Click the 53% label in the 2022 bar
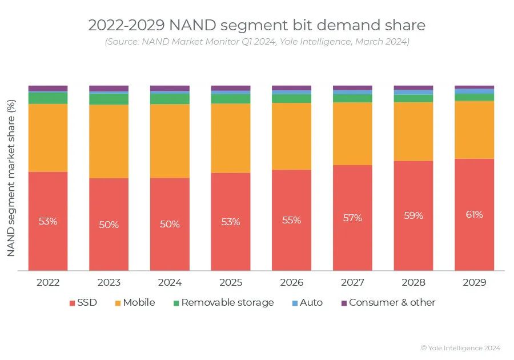click(48, 221)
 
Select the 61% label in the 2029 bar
click(474, 214)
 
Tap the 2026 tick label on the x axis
click(291, 283)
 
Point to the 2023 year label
click(109, 283)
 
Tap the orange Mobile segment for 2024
click(170, 141)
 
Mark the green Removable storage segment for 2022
click(48, 98)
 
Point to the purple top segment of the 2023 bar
click(109, 88)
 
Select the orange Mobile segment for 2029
click(474, 129)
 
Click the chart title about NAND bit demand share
click(257, 25)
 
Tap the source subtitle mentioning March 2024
click(257, 42)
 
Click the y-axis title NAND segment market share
click(11, 177)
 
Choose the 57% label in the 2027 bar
click(352, 218)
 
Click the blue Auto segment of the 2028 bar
click(413, 92)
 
